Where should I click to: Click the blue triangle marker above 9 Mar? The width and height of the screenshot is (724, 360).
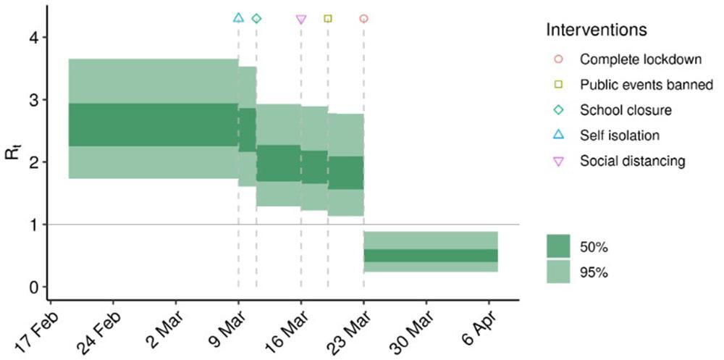239,17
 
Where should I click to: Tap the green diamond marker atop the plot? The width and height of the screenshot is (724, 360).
256,18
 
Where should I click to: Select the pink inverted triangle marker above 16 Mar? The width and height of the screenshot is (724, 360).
302,20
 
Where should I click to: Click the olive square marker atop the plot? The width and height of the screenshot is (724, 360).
328,18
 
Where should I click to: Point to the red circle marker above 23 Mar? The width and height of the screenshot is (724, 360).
363,18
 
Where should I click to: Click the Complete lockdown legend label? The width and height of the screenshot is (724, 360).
632,59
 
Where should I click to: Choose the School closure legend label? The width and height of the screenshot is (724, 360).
626,110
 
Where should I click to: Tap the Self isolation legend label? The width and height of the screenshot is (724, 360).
620,135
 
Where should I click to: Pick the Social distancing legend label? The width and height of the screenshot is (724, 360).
632,161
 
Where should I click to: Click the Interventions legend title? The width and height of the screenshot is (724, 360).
596,31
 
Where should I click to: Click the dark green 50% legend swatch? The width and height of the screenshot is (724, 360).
558,247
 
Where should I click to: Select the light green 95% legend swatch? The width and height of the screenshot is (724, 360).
558,272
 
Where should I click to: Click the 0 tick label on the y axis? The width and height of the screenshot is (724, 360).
33,287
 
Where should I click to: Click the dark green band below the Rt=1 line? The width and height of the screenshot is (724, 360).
430,256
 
